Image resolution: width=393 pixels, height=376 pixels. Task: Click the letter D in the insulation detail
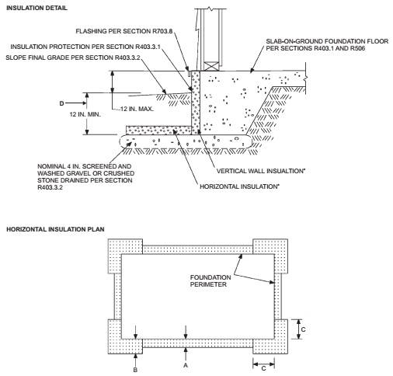[61, 101]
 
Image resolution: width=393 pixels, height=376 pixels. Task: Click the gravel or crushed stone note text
[86, 178]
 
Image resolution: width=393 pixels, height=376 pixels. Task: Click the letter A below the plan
[185, 361]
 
